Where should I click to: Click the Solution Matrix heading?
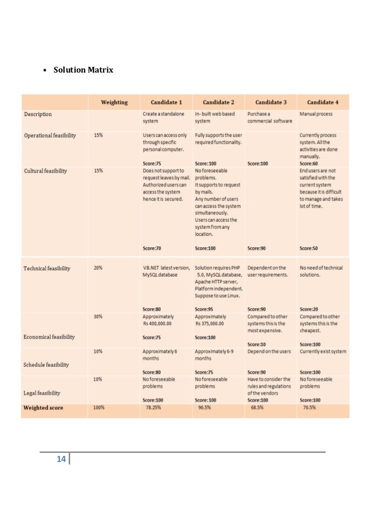tap(83, 70)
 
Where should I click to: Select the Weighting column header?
tap(114, 103)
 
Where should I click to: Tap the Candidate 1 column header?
tap(166, 103)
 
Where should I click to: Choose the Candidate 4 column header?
tap(322, 103)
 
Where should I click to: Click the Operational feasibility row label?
tap(50, 136)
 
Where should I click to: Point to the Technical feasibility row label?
tap(47, 269)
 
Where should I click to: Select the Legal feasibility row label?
tap(42, 393)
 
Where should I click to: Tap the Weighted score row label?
tap(44, 408)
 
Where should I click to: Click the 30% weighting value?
tap(98, 317)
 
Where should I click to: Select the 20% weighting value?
tap(98, 268)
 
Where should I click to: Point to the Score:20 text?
tap(309, 309)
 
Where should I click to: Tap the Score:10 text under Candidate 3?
tap(257, 344)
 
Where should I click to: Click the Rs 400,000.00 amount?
tap(157, 324)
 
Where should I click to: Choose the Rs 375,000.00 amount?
tap(209, 324)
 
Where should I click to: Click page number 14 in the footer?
tap(61, 459)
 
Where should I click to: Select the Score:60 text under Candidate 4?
tap(309, 163)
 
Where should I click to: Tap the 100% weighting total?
tap(99, 408)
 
